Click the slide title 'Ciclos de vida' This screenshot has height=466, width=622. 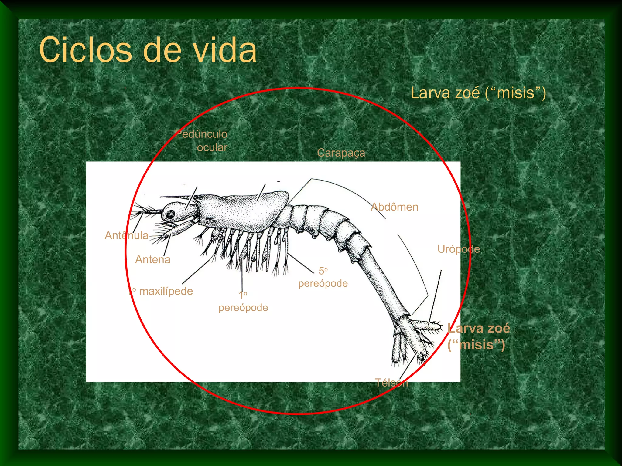pos(148,50)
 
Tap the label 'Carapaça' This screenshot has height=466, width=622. pos(341,153)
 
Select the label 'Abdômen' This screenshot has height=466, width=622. pos(394,207)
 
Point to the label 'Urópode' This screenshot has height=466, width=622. pos(458,249)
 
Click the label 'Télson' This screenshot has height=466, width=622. pos(391,383)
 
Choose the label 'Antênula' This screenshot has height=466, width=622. pos(126,235)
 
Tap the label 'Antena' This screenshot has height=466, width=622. pos(152,260)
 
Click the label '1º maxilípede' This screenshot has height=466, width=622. pos(160,291)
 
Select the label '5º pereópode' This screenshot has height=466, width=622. pos(323,277)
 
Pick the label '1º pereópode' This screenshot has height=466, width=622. pos(243,301)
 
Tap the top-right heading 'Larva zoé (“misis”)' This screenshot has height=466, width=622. pos(478,93)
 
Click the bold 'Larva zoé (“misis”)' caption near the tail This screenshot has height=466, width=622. pos(478,336)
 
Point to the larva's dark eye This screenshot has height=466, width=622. pos(171,214)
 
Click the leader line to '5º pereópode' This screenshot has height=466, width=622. pos(301,263)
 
